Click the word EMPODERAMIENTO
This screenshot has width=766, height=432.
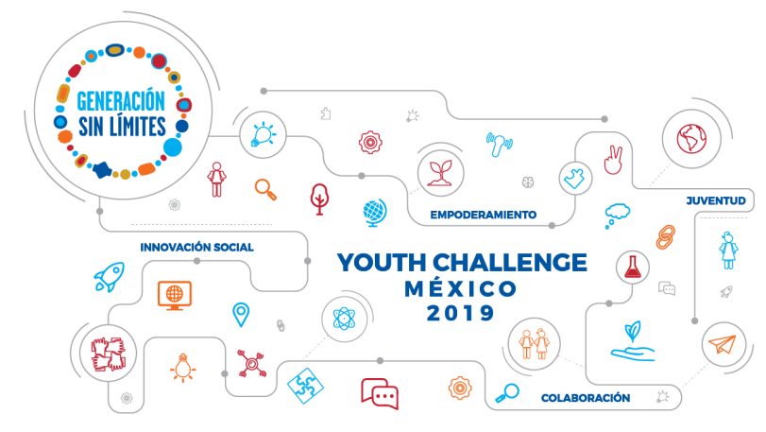point(484,215)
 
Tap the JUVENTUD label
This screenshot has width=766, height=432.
point(716,200)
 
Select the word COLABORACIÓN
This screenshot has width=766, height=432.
point(586,398)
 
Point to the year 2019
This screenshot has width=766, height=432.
point(460,313)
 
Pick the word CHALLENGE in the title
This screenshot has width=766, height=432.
point(509,263)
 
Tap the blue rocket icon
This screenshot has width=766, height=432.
point(110,277)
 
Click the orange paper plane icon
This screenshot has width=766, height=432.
point(722,344)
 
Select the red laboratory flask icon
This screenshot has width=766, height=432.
point(632,267)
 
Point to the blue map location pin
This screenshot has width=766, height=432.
point(241,314)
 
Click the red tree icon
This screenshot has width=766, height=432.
point(319,199)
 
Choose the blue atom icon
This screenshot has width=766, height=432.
point(344,320)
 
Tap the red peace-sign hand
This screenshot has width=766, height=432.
point(613,160)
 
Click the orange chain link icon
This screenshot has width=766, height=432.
point(665,237)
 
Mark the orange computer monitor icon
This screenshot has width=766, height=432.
point(175,295)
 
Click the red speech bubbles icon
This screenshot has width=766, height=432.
point(380,393)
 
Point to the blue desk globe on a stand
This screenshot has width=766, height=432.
point(375,213)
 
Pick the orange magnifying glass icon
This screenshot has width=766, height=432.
point(265,189)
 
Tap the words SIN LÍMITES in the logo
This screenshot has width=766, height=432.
point(122,127)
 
